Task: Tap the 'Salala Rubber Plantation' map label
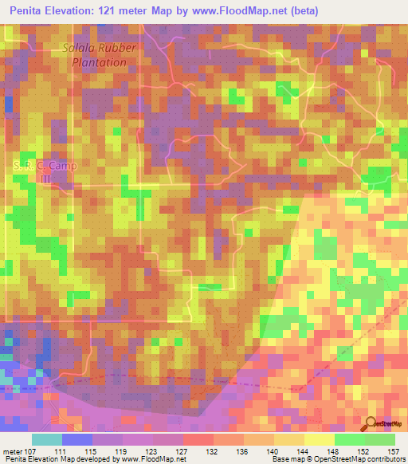pyautogui.click(x=100, y=54)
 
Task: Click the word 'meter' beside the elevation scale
pyautogui.click(x=12, y=453)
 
